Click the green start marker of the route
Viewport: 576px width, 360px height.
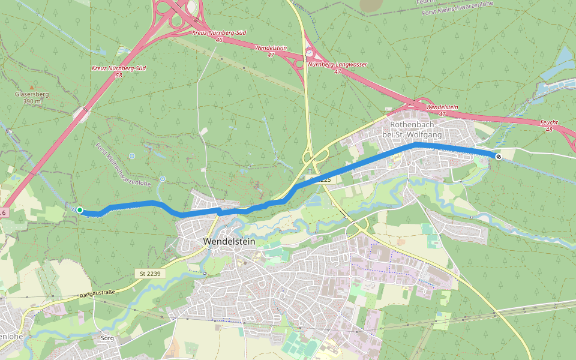coord(79,210)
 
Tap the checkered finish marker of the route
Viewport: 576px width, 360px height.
coord(498,156)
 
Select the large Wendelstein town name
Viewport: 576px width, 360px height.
coord(229,241)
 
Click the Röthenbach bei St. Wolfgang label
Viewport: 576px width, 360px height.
coord(416,130)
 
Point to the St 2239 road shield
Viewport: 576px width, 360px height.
coord(151,274)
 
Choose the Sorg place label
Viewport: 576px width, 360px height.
coord(107,338)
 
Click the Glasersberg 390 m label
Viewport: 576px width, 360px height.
coord(32,98)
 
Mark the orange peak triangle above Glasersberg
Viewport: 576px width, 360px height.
coord(32,88)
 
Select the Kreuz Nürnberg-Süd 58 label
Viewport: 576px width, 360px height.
coord(119,72)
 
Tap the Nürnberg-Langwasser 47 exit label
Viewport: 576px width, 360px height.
coord(337,67)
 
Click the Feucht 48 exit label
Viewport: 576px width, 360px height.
coord(549,125)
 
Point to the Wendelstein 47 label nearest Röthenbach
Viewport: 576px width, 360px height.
coord(442,110)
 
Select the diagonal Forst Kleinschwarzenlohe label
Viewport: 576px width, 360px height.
coord(122,163)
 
